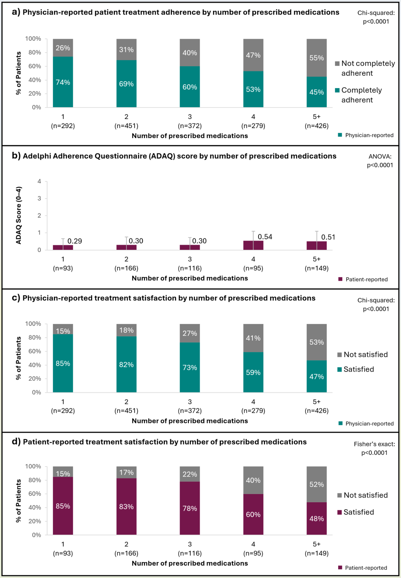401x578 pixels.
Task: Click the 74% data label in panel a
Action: tap(63, 82)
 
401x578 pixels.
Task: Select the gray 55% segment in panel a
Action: tap(316, 58)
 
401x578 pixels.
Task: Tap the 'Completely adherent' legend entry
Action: tap(359, 95)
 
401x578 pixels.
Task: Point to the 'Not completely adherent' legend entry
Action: tap(365, 68)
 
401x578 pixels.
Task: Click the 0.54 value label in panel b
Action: tap(265, 237)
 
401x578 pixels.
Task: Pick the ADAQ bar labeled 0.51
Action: tap(316, 246)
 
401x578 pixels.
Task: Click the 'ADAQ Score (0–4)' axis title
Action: tap(19, 215)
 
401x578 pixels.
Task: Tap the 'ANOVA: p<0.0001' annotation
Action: tap(380, 161)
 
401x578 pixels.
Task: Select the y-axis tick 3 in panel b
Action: tap(39, 198)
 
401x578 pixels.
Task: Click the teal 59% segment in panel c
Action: tap(253, 373)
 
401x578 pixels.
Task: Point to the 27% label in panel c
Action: tap(190, 333)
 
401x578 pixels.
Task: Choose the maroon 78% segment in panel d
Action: tap(190, 508)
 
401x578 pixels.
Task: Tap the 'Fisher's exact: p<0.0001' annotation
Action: tap(374, 448)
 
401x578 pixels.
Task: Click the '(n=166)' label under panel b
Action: tap(126, 268)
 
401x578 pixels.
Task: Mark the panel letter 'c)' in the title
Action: tap(16, 298)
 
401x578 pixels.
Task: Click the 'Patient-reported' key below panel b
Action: tap(363, 280)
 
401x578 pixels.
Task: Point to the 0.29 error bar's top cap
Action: tap(63, 239)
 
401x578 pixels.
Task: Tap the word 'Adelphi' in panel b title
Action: tap(37, 156)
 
